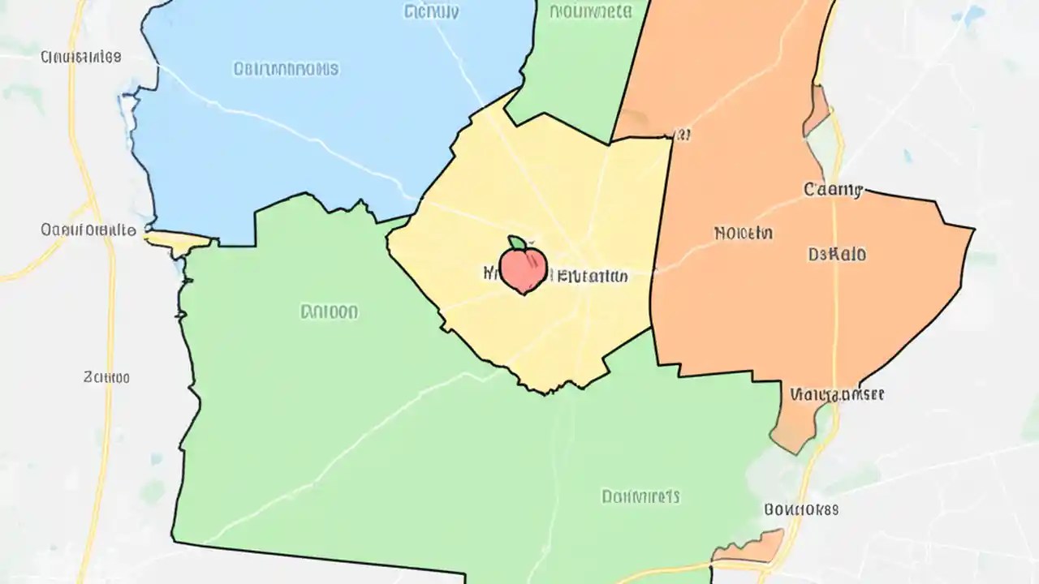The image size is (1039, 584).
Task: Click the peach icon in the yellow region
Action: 524,269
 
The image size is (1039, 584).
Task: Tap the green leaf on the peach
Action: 516,243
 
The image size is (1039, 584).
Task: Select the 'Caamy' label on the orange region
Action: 833,190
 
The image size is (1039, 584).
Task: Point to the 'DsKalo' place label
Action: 837,255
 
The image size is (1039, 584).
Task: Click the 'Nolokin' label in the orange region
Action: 744,234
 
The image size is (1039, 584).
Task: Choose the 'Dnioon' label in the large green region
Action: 329,311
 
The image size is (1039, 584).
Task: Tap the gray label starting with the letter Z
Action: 106,377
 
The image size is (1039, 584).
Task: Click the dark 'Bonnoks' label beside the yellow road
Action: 801,510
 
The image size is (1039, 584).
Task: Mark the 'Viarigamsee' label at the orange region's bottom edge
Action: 836,395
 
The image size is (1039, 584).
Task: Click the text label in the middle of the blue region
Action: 286,69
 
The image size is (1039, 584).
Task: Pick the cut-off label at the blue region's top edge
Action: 431,11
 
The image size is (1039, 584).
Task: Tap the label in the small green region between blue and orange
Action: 590,11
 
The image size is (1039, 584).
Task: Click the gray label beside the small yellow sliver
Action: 88,230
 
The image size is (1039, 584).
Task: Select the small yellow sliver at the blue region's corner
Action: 179,239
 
